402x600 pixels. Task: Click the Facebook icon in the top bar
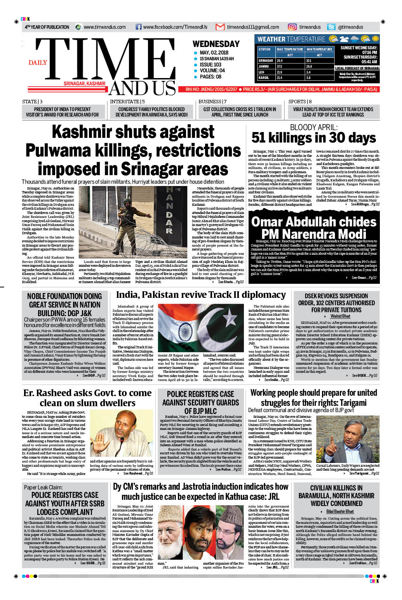(x=138, y=27)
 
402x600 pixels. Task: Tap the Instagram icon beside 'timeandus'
(x=292, y=27)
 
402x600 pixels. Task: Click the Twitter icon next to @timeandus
(x=331, y=27)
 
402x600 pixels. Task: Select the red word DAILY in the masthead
(x=38, y=63)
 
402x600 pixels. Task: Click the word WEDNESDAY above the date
(x=216, y=44)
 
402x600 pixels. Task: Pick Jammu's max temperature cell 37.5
(x=280, y=66)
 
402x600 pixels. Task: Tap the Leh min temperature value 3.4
(x=308, y=72)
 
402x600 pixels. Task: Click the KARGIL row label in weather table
(x=264, y=78)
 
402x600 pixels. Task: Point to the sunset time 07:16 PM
(x=369, y=52)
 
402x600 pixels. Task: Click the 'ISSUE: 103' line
(x=211, y=64)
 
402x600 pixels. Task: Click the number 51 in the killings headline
(x=260, y=138)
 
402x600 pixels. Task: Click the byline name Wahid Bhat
(x=340, y=317)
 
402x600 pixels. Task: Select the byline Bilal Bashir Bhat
(x=340, y=511)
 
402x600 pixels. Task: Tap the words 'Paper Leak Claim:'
(x=43, y=487)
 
